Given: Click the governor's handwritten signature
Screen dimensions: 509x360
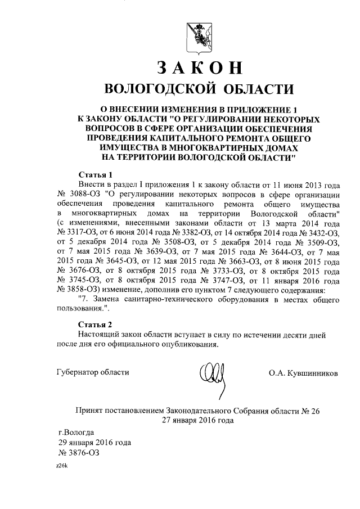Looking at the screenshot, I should [x=214, y=373].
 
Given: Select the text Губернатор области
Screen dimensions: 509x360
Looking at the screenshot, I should [x=93, y=372].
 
